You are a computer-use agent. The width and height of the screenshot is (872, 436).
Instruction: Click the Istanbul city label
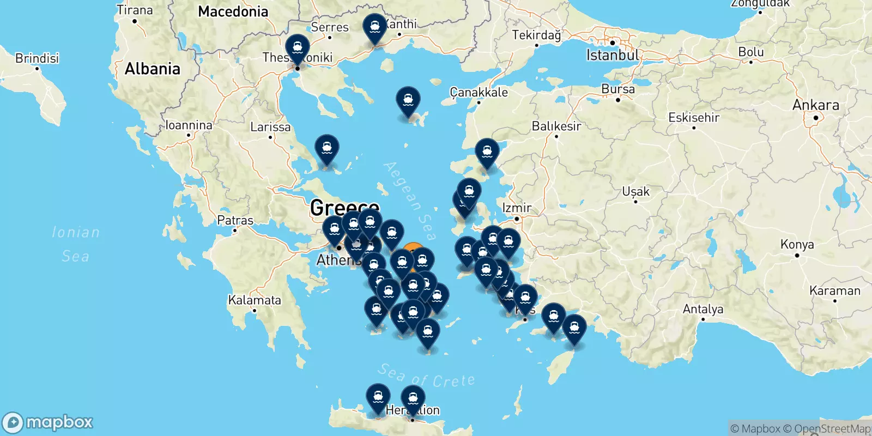pos(613,55)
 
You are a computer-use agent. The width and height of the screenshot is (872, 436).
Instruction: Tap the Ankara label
pos(815,105)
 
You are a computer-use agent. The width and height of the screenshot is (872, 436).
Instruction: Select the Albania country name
pos(153,69)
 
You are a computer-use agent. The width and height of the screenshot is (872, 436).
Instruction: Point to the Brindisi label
pos(37,58)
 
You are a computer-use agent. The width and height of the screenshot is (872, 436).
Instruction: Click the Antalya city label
pos(703,310)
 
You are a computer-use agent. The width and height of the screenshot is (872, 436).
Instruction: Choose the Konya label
pos(797,245)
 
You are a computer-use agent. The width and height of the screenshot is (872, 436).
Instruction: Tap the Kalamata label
pos(255,300)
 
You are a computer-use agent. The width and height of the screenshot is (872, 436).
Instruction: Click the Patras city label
pos(235,221)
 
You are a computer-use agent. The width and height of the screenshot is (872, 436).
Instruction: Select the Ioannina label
pos(189,125)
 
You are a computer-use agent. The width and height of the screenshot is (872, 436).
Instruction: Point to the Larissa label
pos(270,128)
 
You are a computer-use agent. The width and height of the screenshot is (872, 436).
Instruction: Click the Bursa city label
pos(618,89)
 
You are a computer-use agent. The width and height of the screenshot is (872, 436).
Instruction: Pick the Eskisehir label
pos(694,118)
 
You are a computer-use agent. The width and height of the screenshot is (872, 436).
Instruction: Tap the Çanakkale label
pos(479,93)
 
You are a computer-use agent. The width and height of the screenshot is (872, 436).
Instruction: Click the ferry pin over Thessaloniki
pos(298,47)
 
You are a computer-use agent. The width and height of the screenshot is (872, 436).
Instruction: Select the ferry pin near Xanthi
pos(375,26)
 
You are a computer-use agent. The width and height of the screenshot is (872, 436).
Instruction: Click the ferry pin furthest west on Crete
pos(378,396)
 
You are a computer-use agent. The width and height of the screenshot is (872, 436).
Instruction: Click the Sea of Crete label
pos(426,376)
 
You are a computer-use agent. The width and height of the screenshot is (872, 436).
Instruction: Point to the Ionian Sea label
pos(76,244)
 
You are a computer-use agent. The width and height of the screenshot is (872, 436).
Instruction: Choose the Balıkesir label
pos(556,126)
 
